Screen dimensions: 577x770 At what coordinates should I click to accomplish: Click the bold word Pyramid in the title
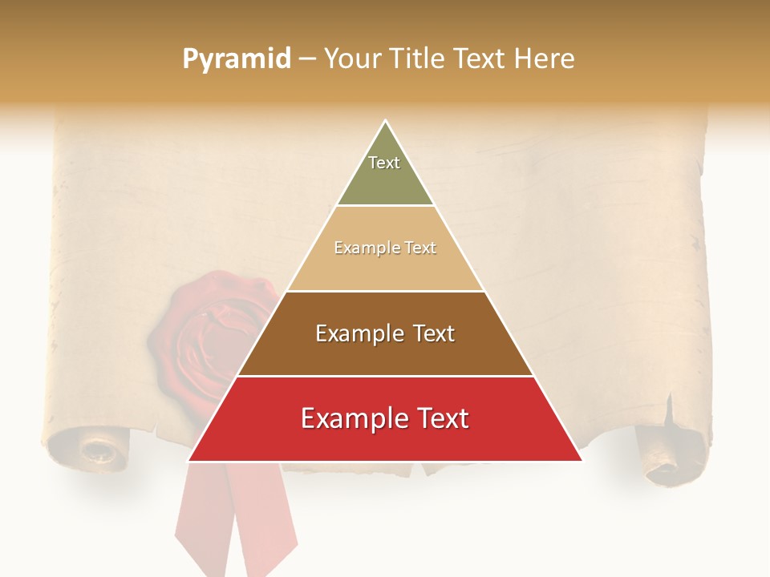[x=237, y=59]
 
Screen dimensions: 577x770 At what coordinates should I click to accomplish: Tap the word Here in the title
[x=544, y=59]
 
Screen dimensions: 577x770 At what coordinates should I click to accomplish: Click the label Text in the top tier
[x=384, y=163]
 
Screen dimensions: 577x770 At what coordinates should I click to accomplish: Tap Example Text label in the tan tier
[x=385, y=248]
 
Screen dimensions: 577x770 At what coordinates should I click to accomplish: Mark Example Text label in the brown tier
[x=385, y=333]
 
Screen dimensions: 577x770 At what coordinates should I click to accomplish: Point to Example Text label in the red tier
[x=385, y=418]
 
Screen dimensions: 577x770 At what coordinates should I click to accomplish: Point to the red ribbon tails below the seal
[x=233, y=521]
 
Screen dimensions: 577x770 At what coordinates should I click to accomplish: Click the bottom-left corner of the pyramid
[x=188, y=461]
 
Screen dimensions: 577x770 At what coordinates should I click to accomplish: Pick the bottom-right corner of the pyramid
[x=582, y=461]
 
